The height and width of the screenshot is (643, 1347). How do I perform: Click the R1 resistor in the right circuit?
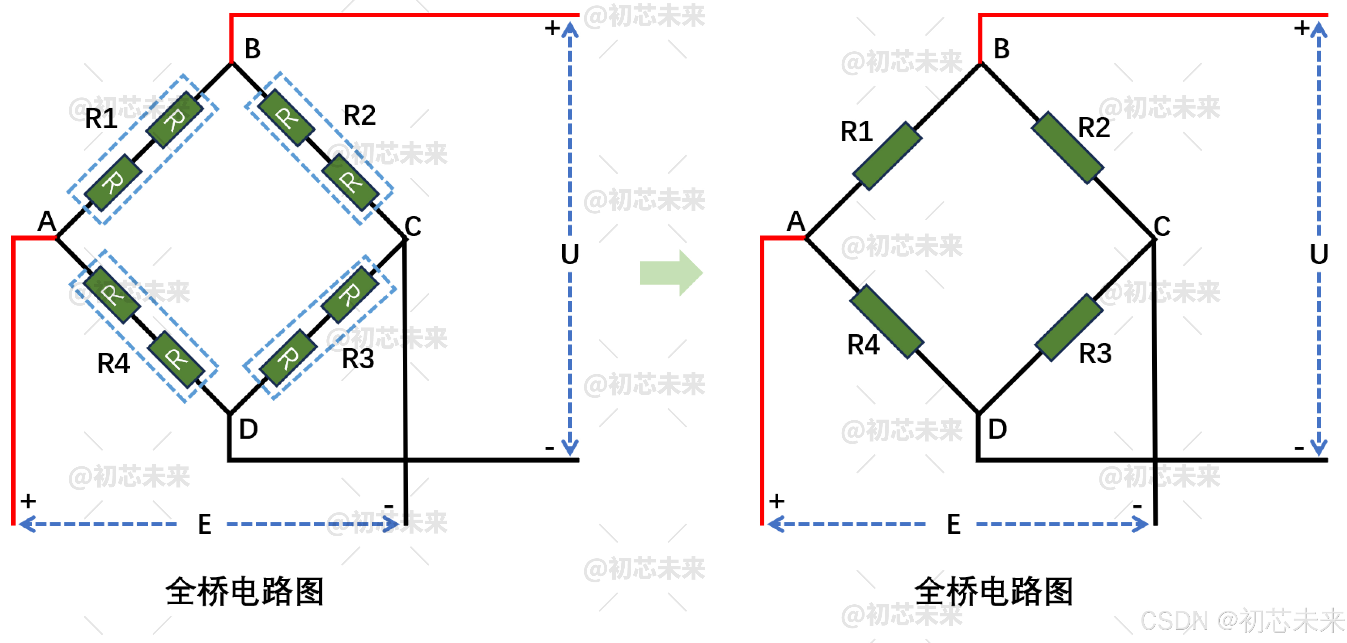pyautogui.click(x=887, y=156)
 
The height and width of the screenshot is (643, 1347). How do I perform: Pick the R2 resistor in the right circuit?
pyautogui.click(x=1068, y=148)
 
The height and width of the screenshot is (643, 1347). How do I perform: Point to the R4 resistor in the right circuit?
pyautogui.click(x=887, y=321)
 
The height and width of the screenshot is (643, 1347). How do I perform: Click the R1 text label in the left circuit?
pyautogui.click(x=101, y=118)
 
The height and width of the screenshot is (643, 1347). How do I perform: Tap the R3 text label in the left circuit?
pyautogui.click(x=358, y=359)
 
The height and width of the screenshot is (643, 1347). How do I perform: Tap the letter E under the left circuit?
pyautogui.click(x=204, y=524)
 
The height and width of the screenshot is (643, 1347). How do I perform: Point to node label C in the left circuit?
pyautogui.click(x=413, y=226)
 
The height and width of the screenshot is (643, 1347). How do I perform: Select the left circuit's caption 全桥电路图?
pyautogui.click(x=245, y=592)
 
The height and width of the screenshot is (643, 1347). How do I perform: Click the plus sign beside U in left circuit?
pyautogui.click(x=552, y=28)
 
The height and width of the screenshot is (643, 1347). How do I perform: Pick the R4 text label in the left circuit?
pyautogui.click(x=113, y=363)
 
